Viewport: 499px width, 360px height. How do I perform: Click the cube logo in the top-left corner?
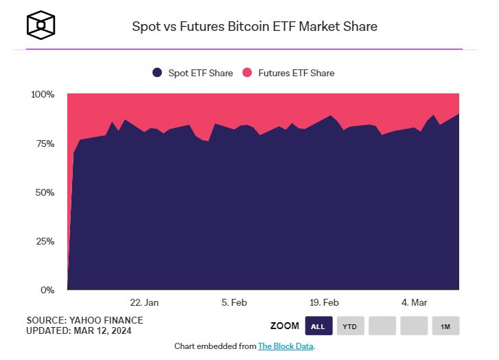pos(40,25)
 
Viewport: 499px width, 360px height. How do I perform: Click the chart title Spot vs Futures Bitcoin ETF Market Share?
pos(255,27)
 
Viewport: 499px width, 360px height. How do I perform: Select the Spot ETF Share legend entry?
pos(193,73)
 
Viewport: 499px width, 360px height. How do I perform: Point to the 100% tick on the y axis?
pos(43,94)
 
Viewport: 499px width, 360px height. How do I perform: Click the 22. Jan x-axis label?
pos(144,302)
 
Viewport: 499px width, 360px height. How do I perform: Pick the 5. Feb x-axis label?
pos(234,302)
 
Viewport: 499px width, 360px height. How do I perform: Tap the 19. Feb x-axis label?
pos(324,302)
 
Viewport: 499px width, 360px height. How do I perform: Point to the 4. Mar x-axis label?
pos(414,302)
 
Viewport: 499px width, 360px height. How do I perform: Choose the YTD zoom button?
pos(350,326)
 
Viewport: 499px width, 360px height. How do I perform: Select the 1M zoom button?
pos(445,326)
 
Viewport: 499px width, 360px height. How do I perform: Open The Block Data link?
pos(286,346)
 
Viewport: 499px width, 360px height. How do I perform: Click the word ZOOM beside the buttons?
pos(285,326)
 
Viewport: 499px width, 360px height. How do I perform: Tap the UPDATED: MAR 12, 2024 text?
pos(78,331)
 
